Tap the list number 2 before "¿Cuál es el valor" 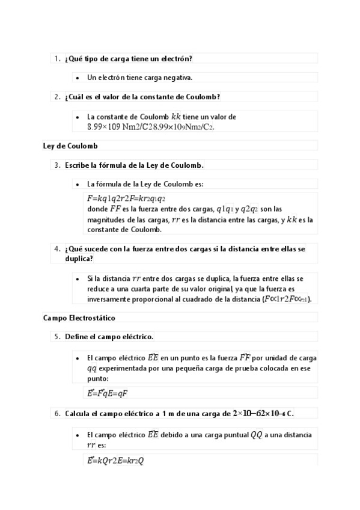pos(56,97)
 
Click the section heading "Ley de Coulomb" pos(70,146)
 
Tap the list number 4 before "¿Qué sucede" pos(56,248)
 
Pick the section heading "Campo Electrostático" pos(79,317)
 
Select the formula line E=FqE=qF pos(108,393)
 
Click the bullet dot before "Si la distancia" pos(78,279)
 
